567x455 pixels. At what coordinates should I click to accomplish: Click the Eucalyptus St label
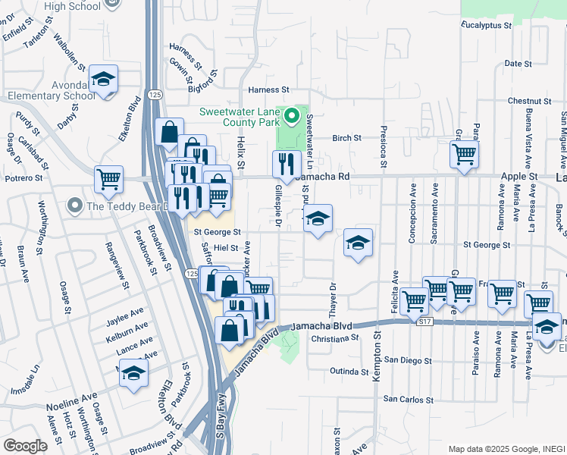click(x=487, y=25)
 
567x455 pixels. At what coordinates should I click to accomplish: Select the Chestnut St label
click(x=529, y=101)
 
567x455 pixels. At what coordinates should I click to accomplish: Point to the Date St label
click(x=518, y=64)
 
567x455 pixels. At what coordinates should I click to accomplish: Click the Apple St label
click(x=518, y=176)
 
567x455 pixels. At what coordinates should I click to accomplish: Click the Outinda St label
click(x=348, y=371)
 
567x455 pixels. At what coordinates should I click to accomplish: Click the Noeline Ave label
click(x=72, y=397)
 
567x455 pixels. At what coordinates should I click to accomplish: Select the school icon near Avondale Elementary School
click(x=103, y=79)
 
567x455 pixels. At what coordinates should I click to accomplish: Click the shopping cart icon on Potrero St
click(x=109, y=180)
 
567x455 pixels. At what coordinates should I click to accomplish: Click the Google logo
click(x=25, y=446)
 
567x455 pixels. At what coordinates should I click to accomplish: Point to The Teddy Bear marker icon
click(x=74, y=205)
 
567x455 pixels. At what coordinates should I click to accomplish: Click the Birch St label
click(x=346, y=139)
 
